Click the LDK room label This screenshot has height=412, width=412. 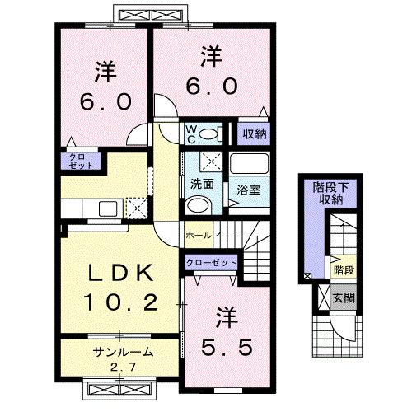121,273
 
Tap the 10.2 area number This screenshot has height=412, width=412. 121,302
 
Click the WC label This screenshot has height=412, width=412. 189,134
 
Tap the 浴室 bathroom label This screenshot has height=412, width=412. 249,189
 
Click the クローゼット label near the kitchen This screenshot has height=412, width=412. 81,161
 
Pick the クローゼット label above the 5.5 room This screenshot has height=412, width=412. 210,263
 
